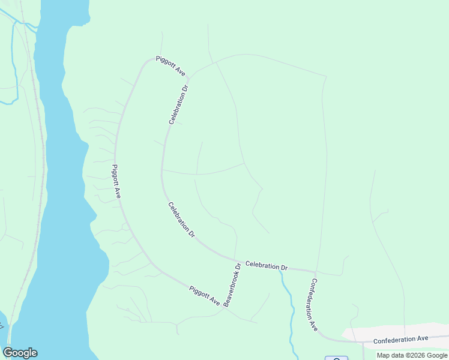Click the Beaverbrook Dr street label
tap(232, 285)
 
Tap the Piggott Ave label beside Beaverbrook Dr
tap(205, 295)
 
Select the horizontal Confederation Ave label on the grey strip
tap(400, 340)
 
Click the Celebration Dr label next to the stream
tap(267, 266)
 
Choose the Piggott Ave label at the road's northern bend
tap(170, 65)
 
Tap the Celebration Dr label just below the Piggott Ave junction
tap(178, 104)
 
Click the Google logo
tap(20, 353)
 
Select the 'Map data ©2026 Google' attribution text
tap(412, 355)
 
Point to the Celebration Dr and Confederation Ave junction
tap(315, 271)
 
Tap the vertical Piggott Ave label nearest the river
tap(116, 181)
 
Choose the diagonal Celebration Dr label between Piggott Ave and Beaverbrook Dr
tap(181, 220)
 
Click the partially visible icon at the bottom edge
tap(337, 358)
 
